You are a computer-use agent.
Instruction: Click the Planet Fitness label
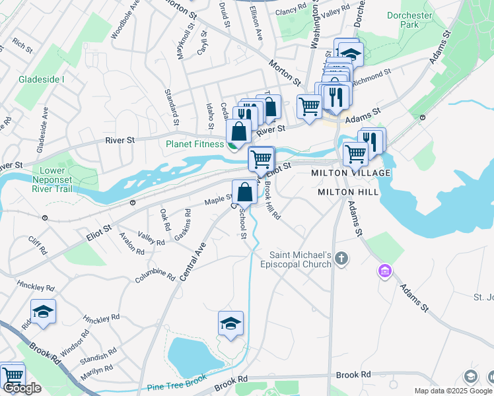[195, 144]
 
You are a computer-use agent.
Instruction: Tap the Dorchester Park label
[409, 20]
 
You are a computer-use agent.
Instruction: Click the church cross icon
[341, 258]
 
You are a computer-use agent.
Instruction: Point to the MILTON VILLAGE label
[351, 173]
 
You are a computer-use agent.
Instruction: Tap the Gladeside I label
[41, 79]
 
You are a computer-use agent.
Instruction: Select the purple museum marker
[384, 271]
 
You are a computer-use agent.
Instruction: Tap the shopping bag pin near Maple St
[244, 192]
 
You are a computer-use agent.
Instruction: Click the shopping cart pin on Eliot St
[262, 158]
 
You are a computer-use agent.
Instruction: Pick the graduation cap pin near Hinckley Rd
[43, 312]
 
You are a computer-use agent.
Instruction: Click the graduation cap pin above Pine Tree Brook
[230, 323]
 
